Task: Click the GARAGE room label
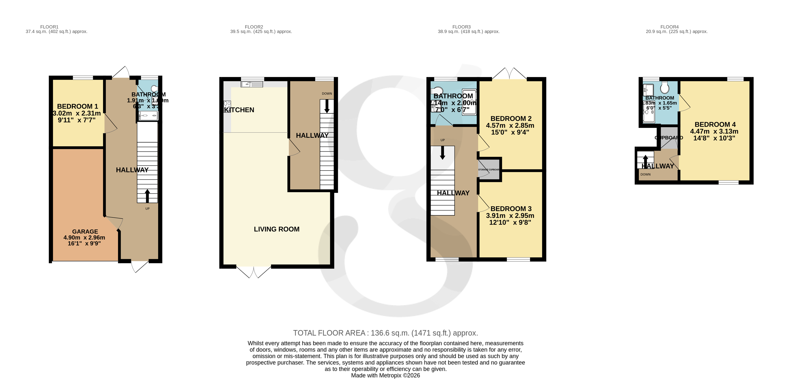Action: (x=85, y=231)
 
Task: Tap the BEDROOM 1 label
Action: (x=77, y=106)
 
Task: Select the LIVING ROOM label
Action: (x=276, y=229)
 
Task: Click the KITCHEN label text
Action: (x=239, y=110)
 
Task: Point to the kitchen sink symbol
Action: (x=252, y=84)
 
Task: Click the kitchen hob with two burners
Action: (x=227, y=107)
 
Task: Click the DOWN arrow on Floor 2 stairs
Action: (x=327, y=106)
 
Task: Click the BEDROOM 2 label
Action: (x=511, y=118)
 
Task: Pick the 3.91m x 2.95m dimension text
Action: (x=510, y=215)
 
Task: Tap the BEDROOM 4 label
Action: (x=715, y=124)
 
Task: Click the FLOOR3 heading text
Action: (x=461, y=27)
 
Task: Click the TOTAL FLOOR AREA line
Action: (x=385, y=333)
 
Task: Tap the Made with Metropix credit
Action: (x=385, y=375)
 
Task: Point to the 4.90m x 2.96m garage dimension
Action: (x=84, y=238)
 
